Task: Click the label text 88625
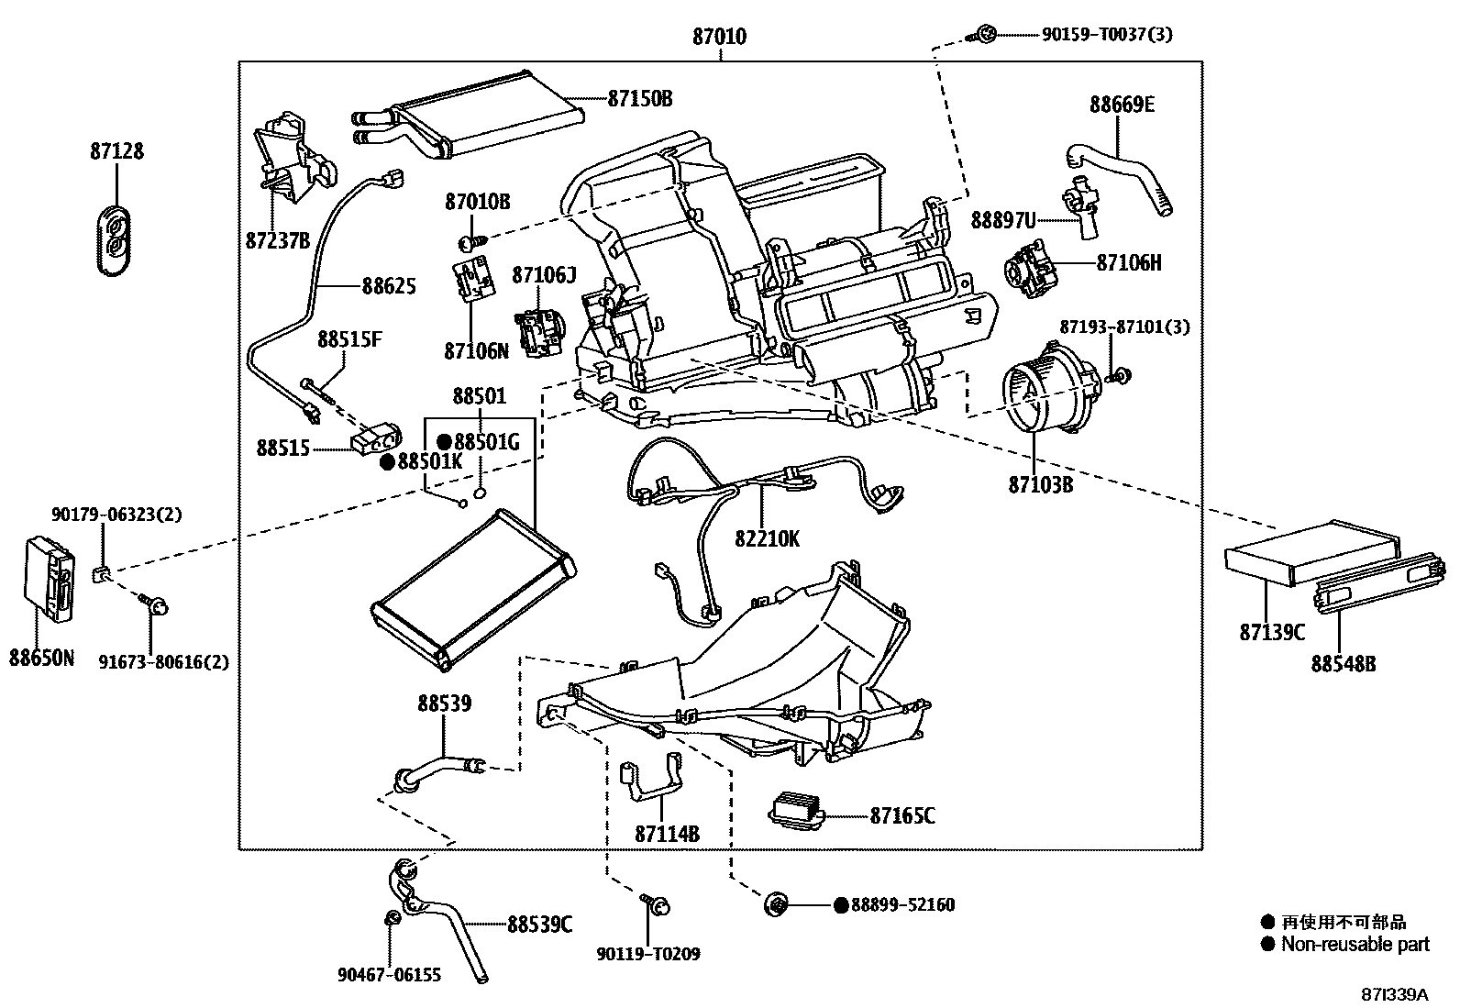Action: [388, 286]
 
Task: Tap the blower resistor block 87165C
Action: [796, 809]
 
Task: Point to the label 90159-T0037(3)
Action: [1106, 35]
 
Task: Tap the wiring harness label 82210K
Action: [766, 538]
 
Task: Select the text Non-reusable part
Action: [1355, 944]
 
